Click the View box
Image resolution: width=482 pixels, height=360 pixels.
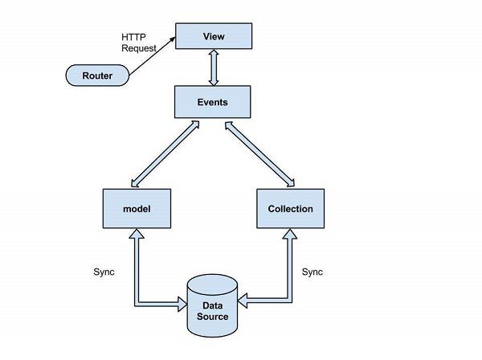pos(214,36)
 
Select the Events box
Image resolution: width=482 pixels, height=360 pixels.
pos(213,102)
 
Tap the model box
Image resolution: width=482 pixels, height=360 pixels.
pos(137,209)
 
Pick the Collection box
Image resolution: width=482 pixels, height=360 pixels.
pos(290,209)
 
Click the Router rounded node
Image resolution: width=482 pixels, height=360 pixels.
pos(97,76)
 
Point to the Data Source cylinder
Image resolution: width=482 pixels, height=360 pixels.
pos(213,308)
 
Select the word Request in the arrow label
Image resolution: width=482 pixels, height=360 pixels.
pos(139,48)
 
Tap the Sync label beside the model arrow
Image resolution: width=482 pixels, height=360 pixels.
pos(104,272)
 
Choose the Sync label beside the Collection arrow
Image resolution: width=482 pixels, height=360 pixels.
pos(312,272)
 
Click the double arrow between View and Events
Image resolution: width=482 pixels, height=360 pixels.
pos(213,68)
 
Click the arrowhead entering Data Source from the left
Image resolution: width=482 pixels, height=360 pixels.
pos(182,305)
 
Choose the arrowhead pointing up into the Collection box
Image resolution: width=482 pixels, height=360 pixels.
pos(289,233)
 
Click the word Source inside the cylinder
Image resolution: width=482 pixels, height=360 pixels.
pos(213,316)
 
